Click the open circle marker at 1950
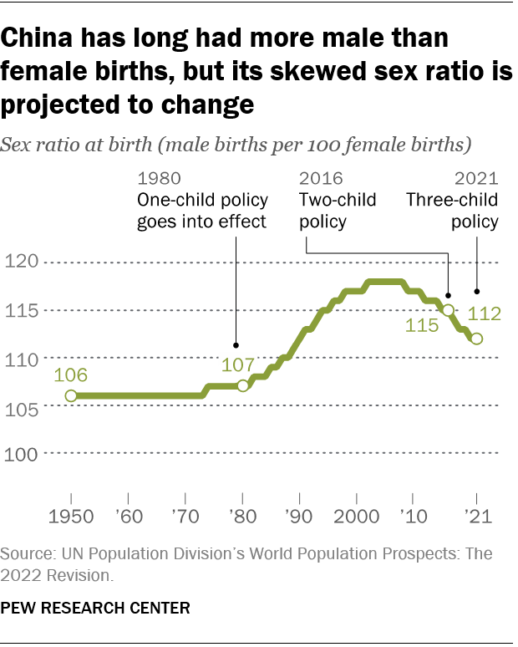point(71,395)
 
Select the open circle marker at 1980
point(243,386)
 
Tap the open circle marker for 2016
point(448,310)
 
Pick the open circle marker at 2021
point(476,339)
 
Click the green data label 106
point(71,374)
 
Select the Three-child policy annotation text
point(452,211)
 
